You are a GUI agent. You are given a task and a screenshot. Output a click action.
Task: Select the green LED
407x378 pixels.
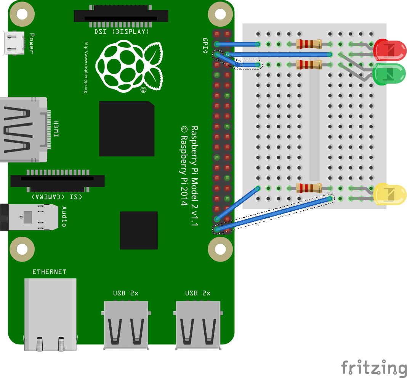coord(389,74)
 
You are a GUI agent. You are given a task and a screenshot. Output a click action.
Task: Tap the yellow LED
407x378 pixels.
coord(389,194)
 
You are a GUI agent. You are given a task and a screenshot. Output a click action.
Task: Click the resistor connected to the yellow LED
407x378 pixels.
coord(309,188)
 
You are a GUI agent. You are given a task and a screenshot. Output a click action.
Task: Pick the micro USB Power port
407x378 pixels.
coord(14,43)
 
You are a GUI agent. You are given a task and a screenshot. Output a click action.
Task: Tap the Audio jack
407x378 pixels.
coord(29,217)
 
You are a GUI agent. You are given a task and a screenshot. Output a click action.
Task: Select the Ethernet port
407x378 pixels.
coord(50,314)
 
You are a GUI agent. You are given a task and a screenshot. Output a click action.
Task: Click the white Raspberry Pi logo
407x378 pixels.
coord(129,66)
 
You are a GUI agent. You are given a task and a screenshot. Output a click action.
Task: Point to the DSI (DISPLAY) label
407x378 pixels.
coord(122,32)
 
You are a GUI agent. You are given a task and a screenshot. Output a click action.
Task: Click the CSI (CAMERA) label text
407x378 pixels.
coord(57,197)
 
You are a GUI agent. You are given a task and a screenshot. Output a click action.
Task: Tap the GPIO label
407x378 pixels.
coord(205,45)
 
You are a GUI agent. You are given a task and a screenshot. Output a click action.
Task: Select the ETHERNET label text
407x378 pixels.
coord(49,272)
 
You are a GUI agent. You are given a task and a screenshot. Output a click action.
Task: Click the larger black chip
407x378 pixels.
coord(127,129)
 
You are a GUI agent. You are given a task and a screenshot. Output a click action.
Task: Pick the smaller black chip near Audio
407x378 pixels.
coord(139,230)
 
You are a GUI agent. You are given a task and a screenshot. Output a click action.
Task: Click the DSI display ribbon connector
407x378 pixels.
coord(121,16)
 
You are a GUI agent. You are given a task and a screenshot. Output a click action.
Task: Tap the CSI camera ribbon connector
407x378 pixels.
coord(58,181)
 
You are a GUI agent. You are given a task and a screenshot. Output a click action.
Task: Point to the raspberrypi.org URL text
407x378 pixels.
coord(86,67)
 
